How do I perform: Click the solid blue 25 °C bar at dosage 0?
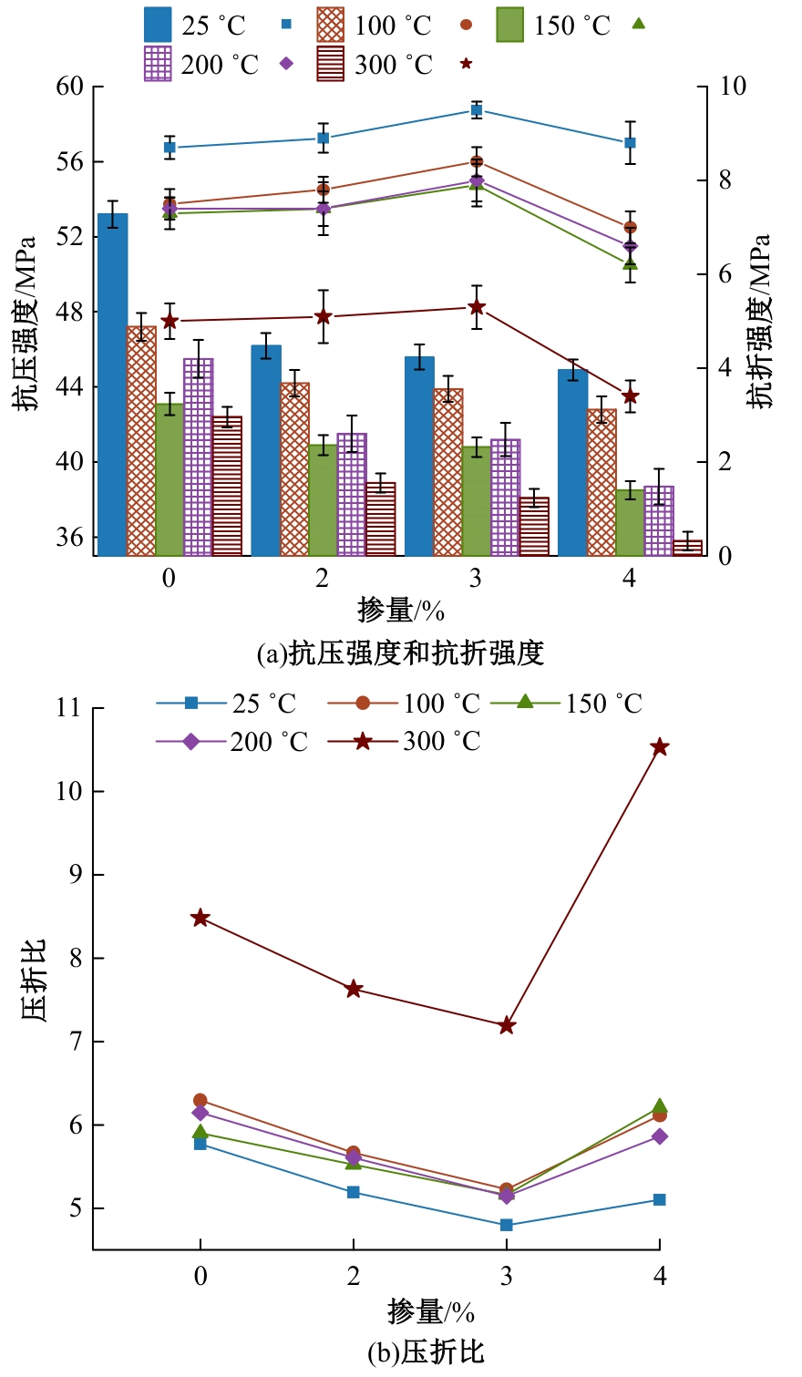click(x=112, y=385)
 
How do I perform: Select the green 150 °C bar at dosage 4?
click(x=630, y=522)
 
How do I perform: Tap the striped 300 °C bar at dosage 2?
click(x=381, y=519)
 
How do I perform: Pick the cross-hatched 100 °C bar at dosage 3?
click(x=448, y=472)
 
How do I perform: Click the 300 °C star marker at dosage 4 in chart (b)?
click(x=660, y=747)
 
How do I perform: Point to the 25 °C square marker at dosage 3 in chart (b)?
click(x=507, y=1225)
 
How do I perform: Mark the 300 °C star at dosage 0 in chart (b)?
click(x=200, y=918)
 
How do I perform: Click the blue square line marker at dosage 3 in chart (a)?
click(x=476, y=110)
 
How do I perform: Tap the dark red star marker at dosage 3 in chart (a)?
click(x=476, y=307)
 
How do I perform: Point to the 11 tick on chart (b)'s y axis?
click(x=67, y=708)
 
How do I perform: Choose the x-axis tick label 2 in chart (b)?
click(x=354, y=1276)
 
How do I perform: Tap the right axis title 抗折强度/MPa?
click(x=759, y=321)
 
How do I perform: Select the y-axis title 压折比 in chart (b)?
click(x=33, y=980)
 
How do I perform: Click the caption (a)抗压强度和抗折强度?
click(x=401, y=653)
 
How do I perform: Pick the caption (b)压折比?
click(x=426, y=1351)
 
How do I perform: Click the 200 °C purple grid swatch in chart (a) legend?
click(x=158, y=65)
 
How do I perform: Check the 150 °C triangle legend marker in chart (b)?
click(x=525, y=703)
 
